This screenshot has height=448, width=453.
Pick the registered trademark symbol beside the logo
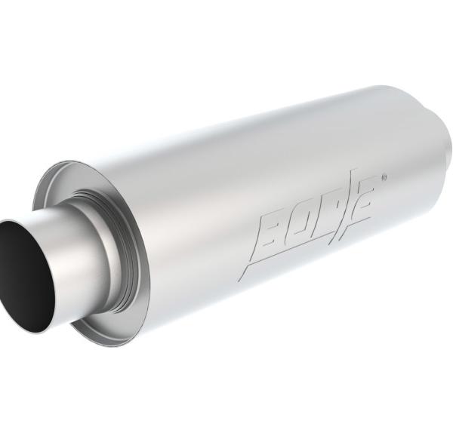click(384, 178)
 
